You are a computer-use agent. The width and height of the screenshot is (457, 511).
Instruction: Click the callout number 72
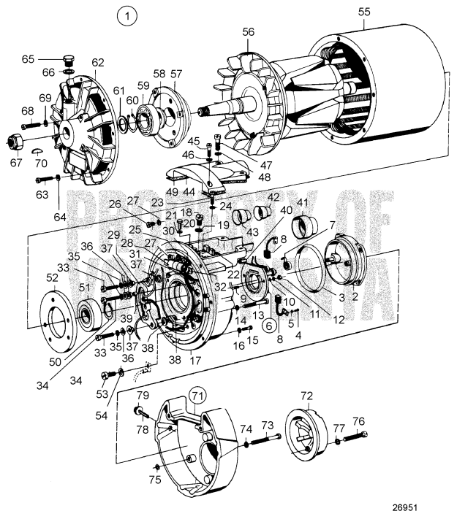(306, 396)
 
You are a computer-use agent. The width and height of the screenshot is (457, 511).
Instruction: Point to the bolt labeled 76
(363, 439)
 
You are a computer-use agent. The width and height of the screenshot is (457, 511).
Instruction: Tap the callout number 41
(302, 203)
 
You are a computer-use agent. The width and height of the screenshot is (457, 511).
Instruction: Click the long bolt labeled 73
(270, 437)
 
